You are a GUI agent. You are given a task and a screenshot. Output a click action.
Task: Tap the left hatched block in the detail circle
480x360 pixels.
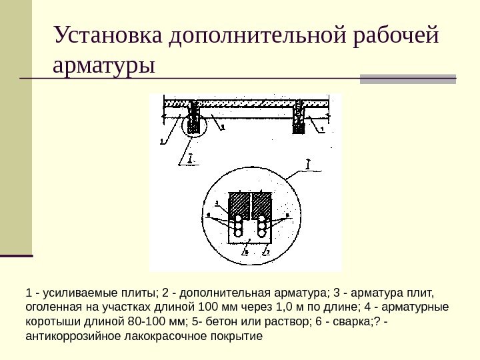238,205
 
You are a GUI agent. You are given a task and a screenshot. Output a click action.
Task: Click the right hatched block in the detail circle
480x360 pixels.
262,205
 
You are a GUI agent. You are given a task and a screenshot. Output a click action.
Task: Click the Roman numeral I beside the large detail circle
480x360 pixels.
307,162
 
